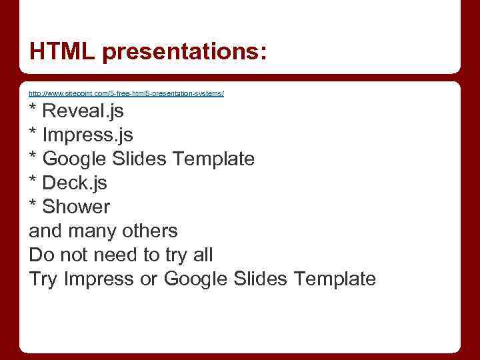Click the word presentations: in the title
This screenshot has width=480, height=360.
point(185,51)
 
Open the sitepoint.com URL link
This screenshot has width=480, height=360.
point(126,93)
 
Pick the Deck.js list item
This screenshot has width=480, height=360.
point(75,183)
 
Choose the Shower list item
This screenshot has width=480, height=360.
point(76,207)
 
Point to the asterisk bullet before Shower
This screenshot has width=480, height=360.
point(33,205)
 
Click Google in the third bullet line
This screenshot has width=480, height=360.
point(73,159)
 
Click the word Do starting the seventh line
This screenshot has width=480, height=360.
point(41,255)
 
